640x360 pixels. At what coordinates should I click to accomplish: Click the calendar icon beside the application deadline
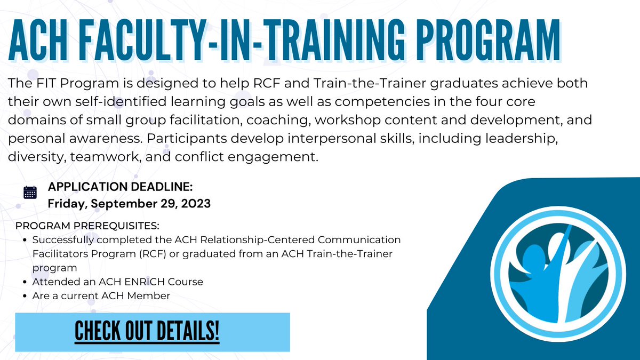pos(30,193)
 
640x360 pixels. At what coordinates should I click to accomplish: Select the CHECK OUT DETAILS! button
pos(147,332)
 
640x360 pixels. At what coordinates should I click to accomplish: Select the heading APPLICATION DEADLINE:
pos(120,187)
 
